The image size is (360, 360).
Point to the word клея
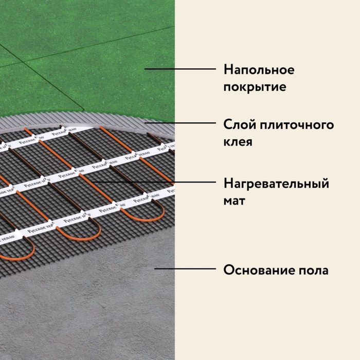point(238,140)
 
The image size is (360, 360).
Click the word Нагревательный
point(276,184)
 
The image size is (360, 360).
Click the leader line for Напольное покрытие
point(180,68)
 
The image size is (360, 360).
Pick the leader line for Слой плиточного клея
point(180,123)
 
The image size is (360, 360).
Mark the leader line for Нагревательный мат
point(154,182)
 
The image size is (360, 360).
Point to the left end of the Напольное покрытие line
point(145,68)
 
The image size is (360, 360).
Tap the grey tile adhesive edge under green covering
point(103,117)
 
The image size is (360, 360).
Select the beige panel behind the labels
point(267,319)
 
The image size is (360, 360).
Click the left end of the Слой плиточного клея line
point(145,123)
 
